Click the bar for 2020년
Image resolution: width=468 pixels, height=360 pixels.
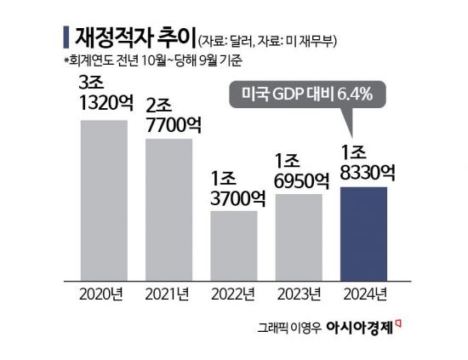(x=104, y=200)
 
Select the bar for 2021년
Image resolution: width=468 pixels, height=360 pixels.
(x=168, y=209)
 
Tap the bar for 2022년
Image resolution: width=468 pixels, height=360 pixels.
(x=234, y=245)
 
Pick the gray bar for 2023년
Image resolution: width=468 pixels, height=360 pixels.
(x=299, y=237)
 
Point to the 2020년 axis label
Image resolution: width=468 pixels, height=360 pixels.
(x=104, y=295)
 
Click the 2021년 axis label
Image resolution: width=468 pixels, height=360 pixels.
(x=168, y=295)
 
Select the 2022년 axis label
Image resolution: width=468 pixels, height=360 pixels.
(x=234, y=295)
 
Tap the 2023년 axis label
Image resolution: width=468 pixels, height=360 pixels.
(x=299, y=295)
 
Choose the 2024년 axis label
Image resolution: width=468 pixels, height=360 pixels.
(x=363, y=295)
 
